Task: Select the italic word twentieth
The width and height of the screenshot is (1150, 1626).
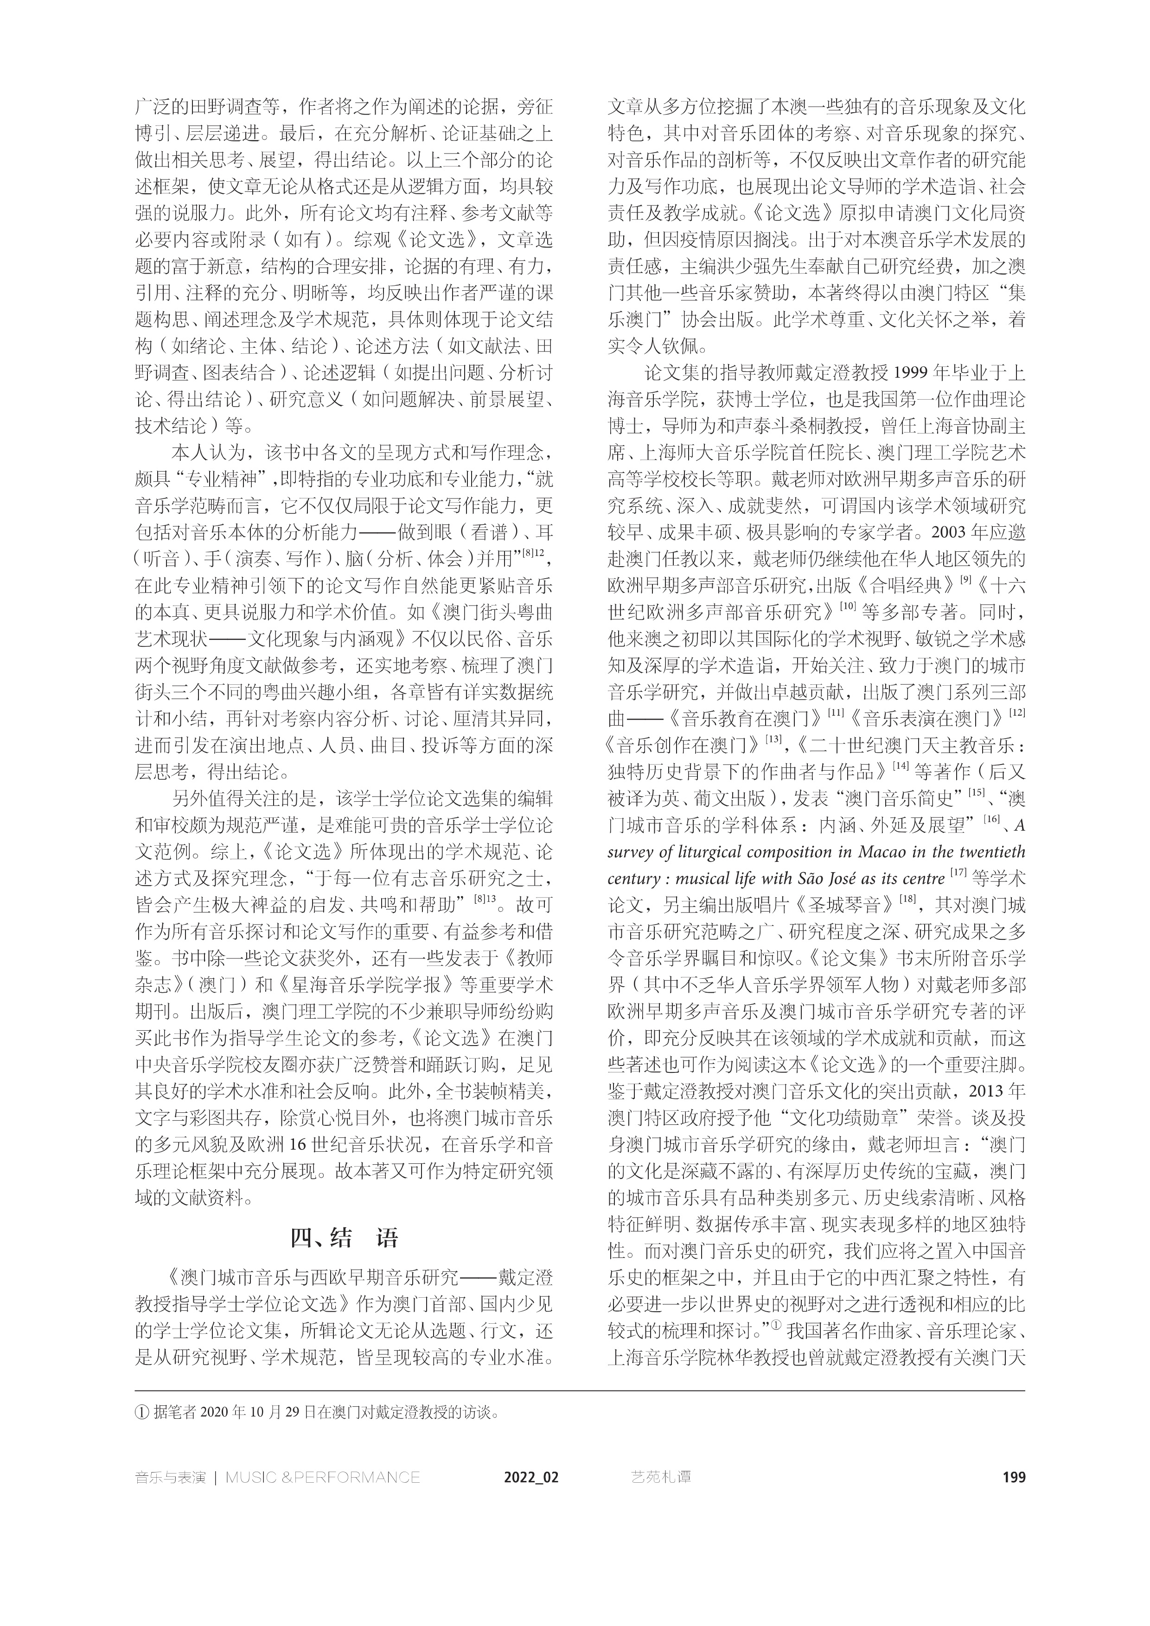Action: (x=990, y=852)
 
